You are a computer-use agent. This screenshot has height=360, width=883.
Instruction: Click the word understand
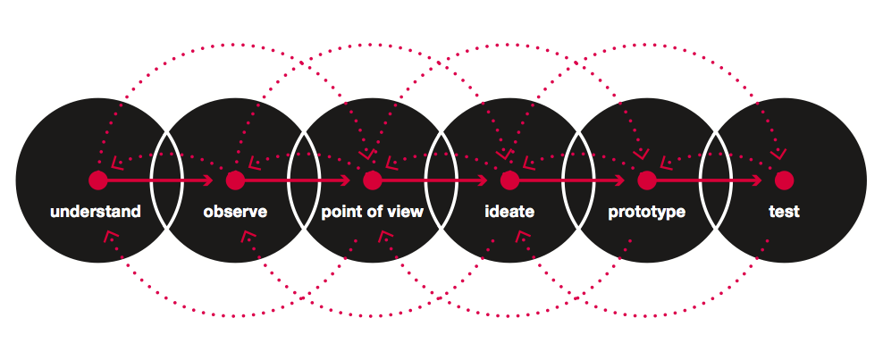tap(96, 213)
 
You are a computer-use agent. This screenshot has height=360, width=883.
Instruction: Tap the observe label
tap(235, 213)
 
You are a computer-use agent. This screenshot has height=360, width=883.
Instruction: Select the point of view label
tap(372, 213)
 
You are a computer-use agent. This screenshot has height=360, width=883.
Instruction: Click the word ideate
tap(509, 213)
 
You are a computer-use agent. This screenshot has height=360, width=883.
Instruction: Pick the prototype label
tap(646, 213)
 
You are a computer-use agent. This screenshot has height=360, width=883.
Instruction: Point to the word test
tap(784, 213)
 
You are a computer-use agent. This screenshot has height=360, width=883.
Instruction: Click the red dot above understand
tap(97, 180)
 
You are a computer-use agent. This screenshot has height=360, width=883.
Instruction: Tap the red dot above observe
tap(235, 180)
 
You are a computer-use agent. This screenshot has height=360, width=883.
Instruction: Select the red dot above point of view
tap(373, 180)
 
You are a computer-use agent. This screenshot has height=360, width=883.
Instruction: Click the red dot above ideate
tap(509, 180)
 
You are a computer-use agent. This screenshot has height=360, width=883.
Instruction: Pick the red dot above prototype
tap(647, 180)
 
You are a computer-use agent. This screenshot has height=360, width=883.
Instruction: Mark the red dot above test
tap(784, 180)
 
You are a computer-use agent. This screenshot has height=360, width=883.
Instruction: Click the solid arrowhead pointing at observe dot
tap(209, 180)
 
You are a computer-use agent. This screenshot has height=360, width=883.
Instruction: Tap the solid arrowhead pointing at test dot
tap(758, 180)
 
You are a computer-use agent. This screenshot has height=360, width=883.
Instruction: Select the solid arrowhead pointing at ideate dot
tap(484, 180)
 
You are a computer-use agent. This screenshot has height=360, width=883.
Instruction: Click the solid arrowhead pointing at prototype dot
tap(621, 180)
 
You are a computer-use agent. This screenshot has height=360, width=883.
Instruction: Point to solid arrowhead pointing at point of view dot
tap(347, 180)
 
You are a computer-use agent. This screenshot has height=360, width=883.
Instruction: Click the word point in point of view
tap(340, 213)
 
